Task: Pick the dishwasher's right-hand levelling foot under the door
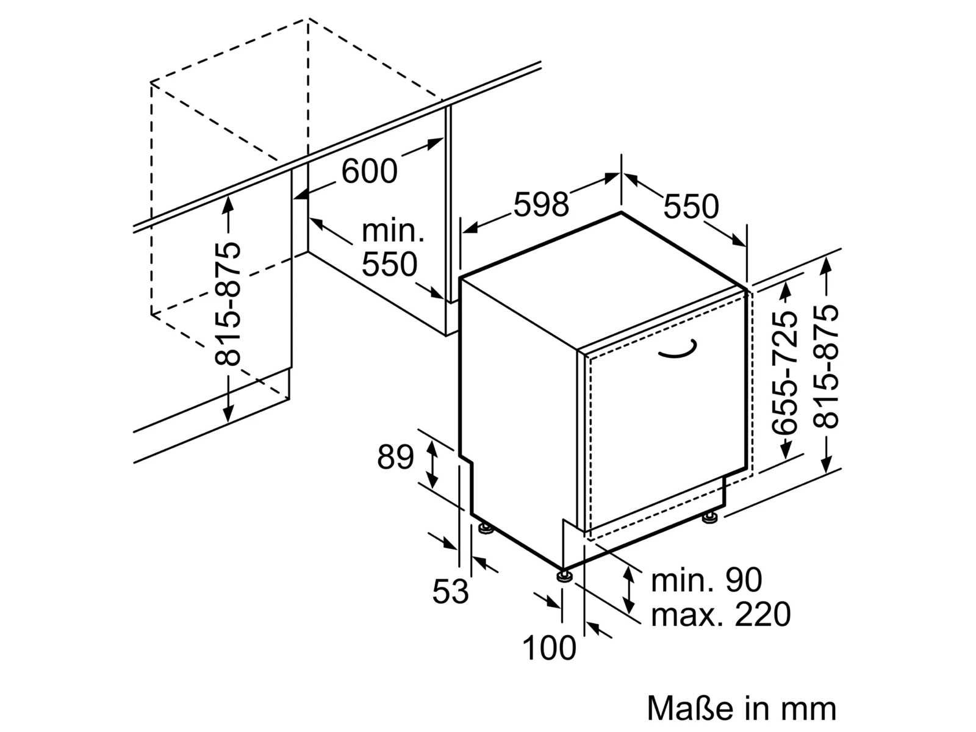pyautogui.click(x=709, y=518)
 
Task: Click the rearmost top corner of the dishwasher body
pyautogui.click(x=621, y=213)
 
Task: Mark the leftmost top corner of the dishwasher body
pyautogui.click(x=460, y=279)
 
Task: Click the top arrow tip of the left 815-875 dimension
pyautogui.click(x=228, y=196)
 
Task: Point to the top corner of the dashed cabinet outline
pyautogui.click(x=307, y=19)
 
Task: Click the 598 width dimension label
pyautogui.click(x=541, y=204)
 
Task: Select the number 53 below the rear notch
pyautogui.click(x=450, y=592)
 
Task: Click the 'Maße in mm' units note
pyautogui.click(x=742, y=708)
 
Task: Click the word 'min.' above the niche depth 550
pyautogui.click(x=393, y=231)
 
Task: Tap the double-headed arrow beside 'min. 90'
pyautogui.click(x=628, y=589)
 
